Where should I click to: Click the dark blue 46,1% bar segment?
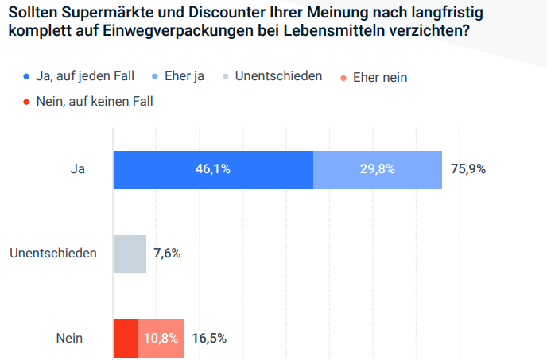[x=213, y=169]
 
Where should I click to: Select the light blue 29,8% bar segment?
[x=377, y=169]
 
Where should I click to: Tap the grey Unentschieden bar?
[x=130, y=254]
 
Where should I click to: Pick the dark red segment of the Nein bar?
[x=126, y=338]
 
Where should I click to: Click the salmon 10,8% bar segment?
[x=161, y=338]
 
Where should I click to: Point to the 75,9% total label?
[x=468, y=169]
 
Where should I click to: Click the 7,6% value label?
[x=167, y=254]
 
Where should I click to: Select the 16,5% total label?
[x=209, y=338]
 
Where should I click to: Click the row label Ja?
[x=77, y=169]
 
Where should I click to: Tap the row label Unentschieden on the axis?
[x=53, y=254]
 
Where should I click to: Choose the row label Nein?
[x=69, y=338]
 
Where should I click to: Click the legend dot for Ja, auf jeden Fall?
[x=26, y=77]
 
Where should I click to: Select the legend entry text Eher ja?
[x=184, y=77]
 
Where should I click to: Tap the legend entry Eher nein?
[x=379, y=77]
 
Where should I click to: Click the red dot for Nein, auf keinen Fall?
[x=26, y=102]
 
